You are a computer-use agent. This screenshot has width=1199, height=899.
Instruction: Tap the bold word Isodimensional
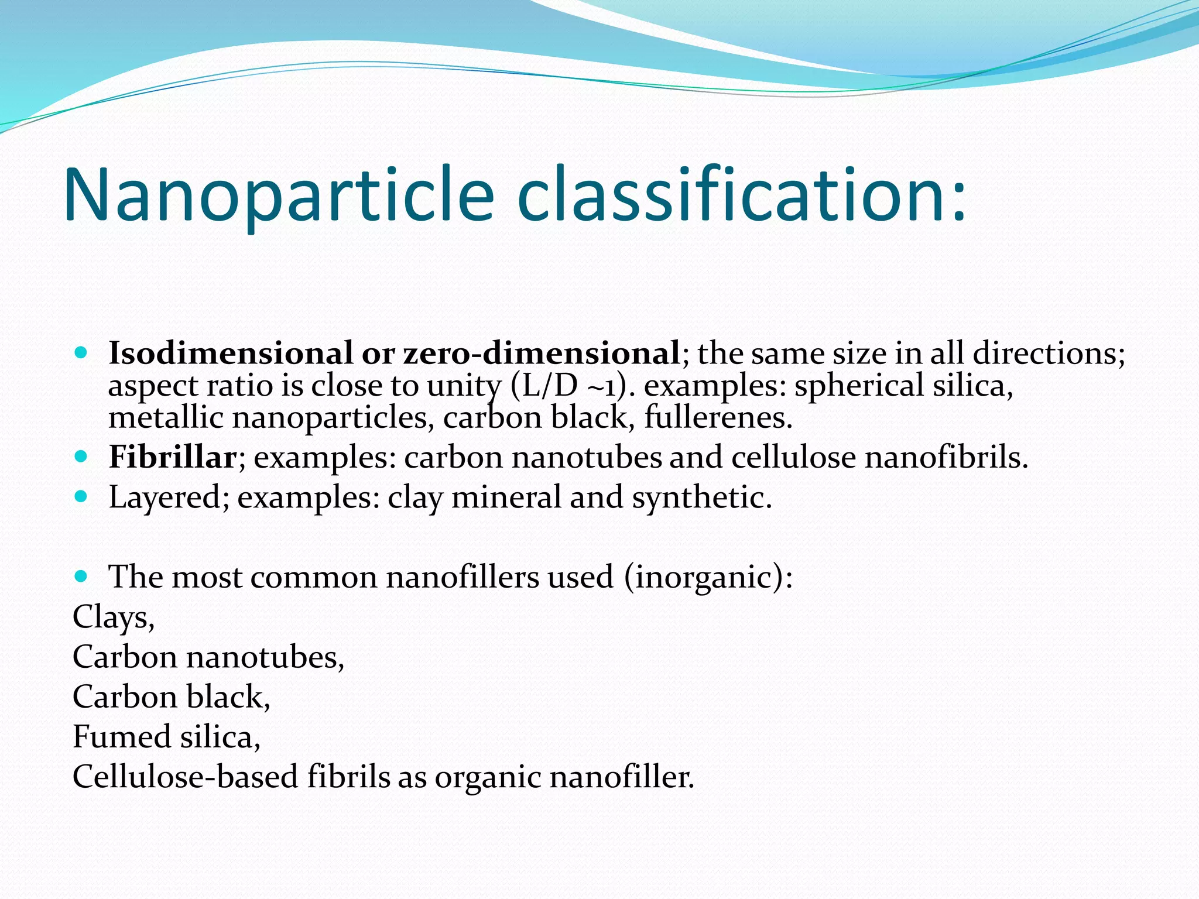click(231, 353)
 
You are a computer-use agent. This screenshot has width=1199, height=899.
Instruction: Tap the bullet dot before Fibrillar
click(81, 457)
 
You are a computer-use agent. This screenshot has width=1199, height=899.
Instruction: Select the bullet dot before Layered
click(81, 497)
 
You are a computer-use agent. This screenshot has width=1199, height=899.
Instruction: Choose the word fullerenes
click(718, 418)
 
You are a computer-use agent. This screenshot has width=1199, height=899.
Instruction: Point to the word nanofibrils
click(946, 457)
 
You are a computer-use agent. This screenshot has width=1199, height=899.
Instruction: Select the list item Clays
click(113, 617)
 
